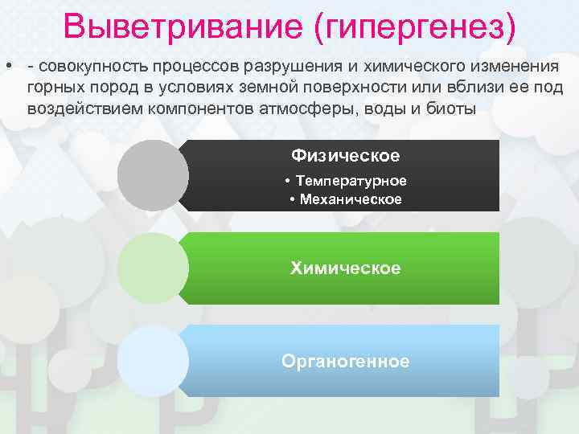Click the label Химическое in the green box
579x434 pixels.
(345, 268)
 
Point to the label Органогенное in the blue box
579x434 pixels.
(345, 361)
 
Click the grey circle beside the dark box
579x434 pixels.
(153, 176)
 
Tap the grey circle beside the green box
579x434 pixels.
(153, 268)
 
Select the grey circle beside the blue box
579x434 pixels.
(153, 361)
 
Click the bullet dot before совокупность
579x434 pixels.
(7, 64)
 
